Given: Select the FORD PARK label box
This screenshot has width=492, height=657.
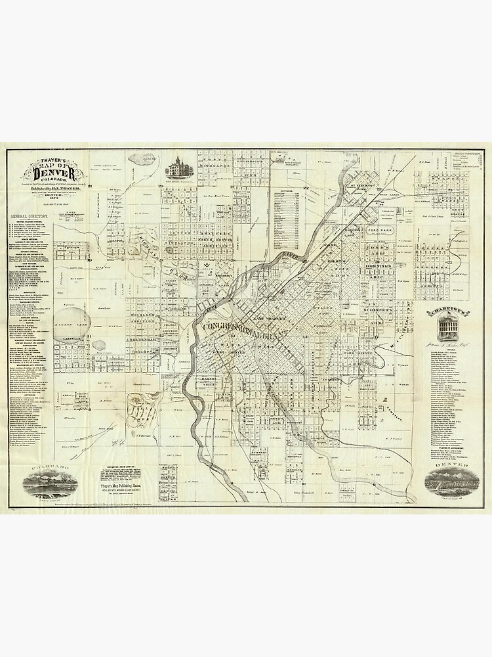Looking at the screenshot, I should point(380,231).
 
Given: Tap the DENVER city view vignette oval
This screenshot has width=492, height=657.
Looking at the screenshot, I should point(447,483).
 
